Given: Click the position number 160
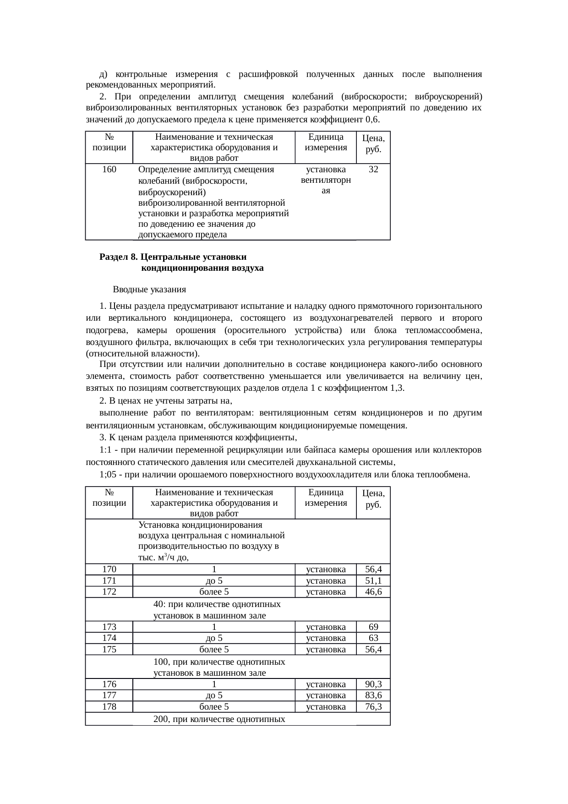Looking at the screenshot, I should point(109,170).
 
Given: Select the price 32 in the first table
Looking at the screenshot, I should point(373,170).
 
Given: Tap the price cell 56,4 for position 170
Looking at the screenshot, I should point(373,569).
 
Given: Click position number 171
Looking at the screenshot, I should point(109,581).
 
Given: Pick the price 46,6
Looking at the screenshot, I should point(373,592).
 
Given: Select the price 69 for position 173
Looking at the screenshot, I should point(373,627).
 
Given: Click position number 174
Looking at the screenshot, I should point(109,638).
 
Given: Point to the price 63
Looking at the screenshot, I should point(373,638).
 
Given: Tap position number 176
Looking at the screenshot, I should point(109,684).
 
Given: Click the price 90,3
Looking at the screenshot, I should point(373,684).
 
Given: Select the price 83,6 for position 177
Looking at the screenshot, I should point(373,695).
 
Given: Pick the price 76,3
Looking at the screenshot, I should point(373,707).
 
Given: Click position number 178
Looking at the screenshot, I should point(109,707).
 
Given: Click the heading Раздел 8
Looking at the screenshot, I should point(119,257).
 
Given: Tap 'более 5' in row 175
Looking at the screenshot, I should point(214,650).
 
